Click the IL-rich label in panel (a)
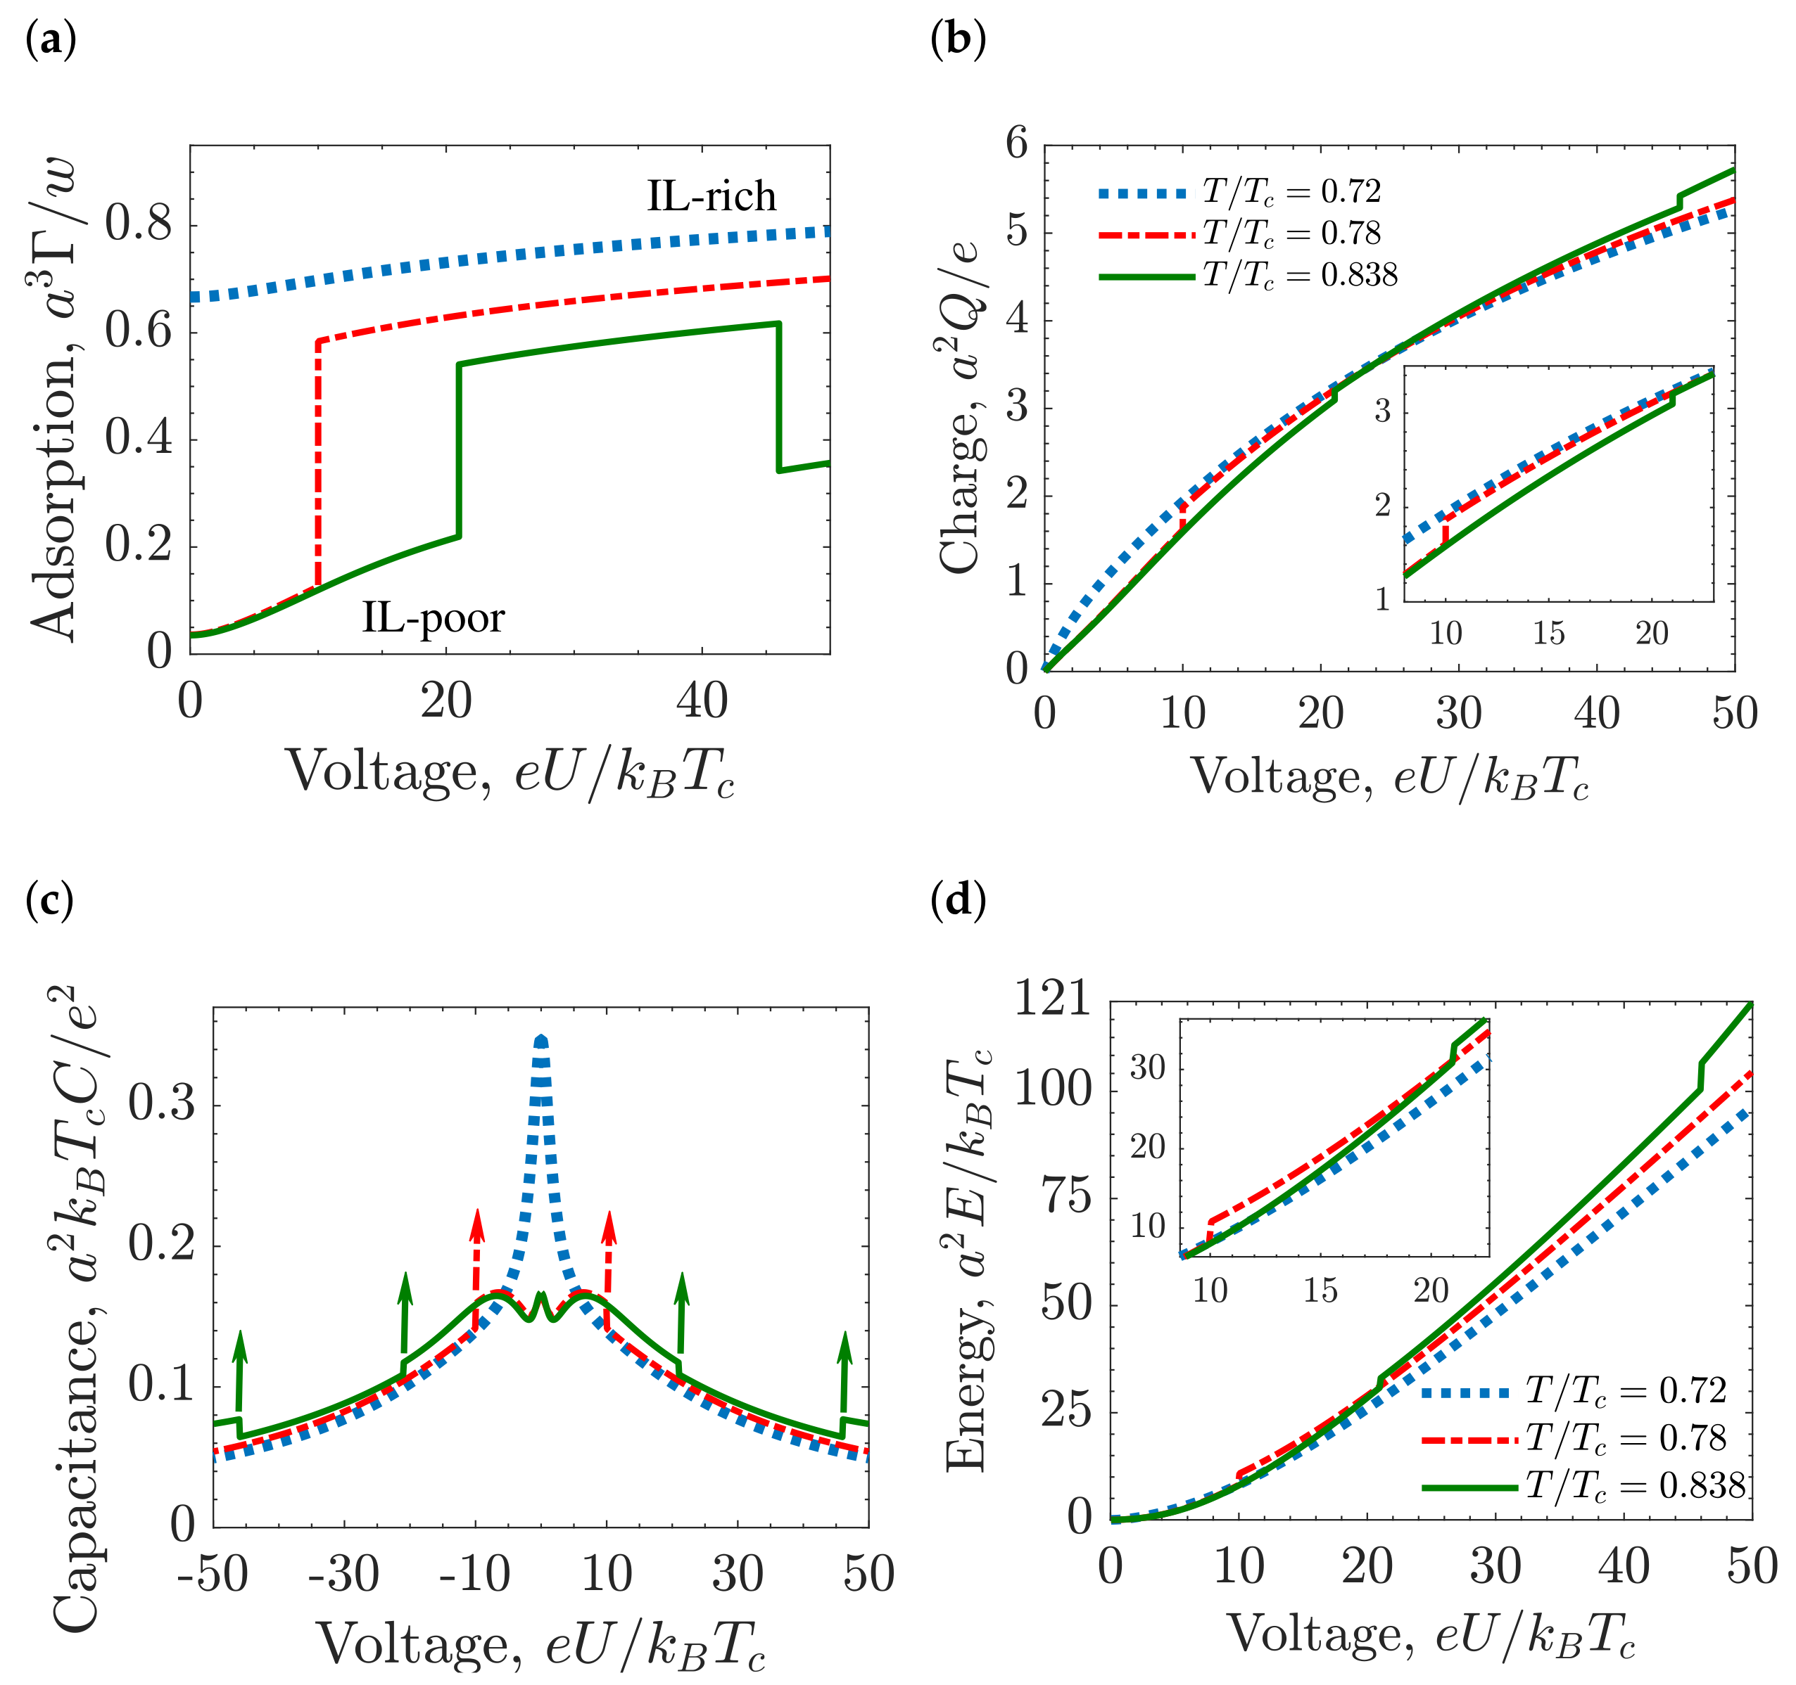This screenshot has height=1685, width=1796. tap(711, 196)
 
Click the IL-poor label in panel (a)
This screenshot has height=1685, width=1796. tap(433, 617)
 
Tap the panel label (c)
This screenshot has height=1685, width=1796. tap(50, 899)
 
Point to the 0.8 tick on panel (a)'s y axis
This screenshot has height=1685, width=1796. tap(138, 222)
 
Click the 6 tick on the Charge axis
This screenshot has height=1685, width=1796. tap(1017, 143)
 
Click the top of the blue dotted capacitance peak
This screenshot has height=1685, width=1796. tap(541, 1040)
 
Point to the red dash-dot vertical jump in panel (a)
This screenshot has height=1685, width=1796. tap(318, 461)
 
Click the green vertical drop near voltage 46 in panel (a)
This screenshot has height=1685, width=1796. tap(779, 397)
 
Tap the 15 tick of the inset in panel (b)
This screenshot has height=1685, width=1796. tap(1548, 633)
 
